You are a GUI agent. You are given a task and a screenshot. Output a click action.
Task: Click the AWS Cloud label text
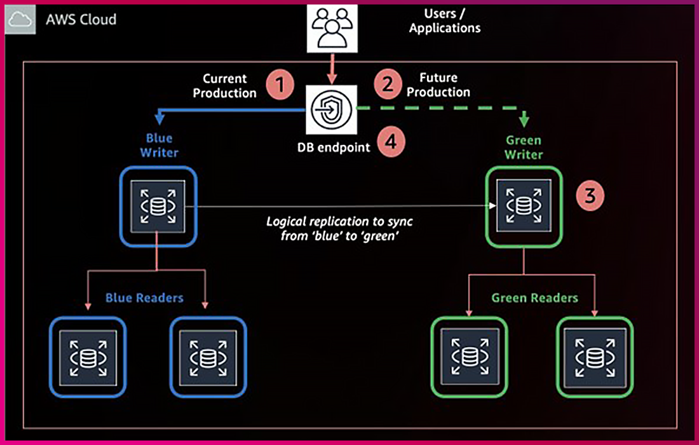click(x=81, y=19)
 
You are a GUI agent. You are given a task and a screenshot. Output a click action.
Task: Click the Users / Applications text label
click(x=444, y=21)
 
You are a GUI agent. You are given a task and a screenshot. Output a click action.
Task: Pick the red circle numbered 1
click(x=280, y=85)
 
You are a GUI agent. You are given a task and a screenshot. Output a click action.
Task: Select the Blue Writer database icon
click(x=158, y=207)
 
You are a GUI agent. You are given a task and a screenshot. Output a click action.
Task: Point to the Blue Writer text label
click(x=159, y=146)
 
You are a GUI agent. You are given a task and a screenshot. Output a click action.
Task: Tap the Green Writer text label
click(x=524, y=147)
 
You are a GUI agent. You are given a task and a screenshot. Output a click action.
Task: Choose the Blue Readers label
click(x=144, y=298)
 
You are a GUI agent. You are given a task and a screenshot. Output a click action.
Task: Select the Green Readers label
click(x=534, y=298)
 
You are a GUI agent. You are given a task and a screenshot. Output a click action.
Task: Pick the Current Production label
click(x=225, y=86)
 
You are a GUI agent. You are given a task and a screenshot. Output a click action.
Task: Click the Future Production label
click(x=438, y=85)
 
